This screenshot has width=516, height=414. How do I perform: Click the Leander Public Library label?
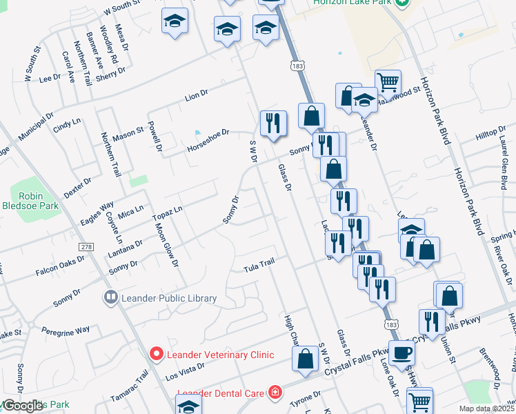(168, 298)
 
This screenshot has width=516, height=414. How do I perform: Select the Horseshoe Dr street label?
(208, 140)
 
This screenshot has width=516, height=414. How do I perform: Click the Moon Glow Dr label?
(167, 244)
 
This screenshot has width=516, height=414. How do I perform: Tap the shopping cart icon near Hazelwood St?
(388, 83)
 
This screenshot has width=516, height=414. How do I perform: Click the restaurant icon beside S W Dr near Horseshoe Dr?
(273, 124)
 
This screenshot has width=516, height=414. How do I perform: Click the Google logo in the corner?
(23, 406)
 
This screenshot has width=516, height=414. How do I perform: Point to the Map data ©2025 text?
(487, 408)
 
